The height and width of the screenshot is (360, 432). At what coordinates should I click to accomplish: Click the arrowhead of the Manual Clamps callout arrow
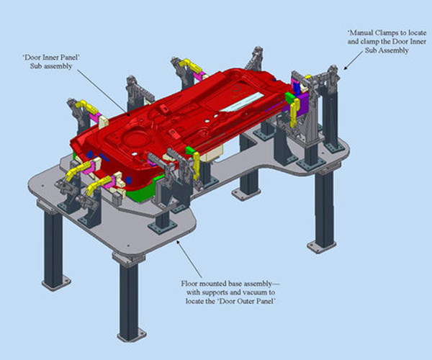(x=344, y=70)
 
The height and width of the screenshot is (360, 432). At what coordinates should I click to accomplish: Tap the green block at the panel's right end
(x=290, y=95)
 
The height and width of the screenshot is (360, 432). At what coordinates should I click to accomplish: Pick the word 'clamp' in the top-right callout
(x=368, y=42)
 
